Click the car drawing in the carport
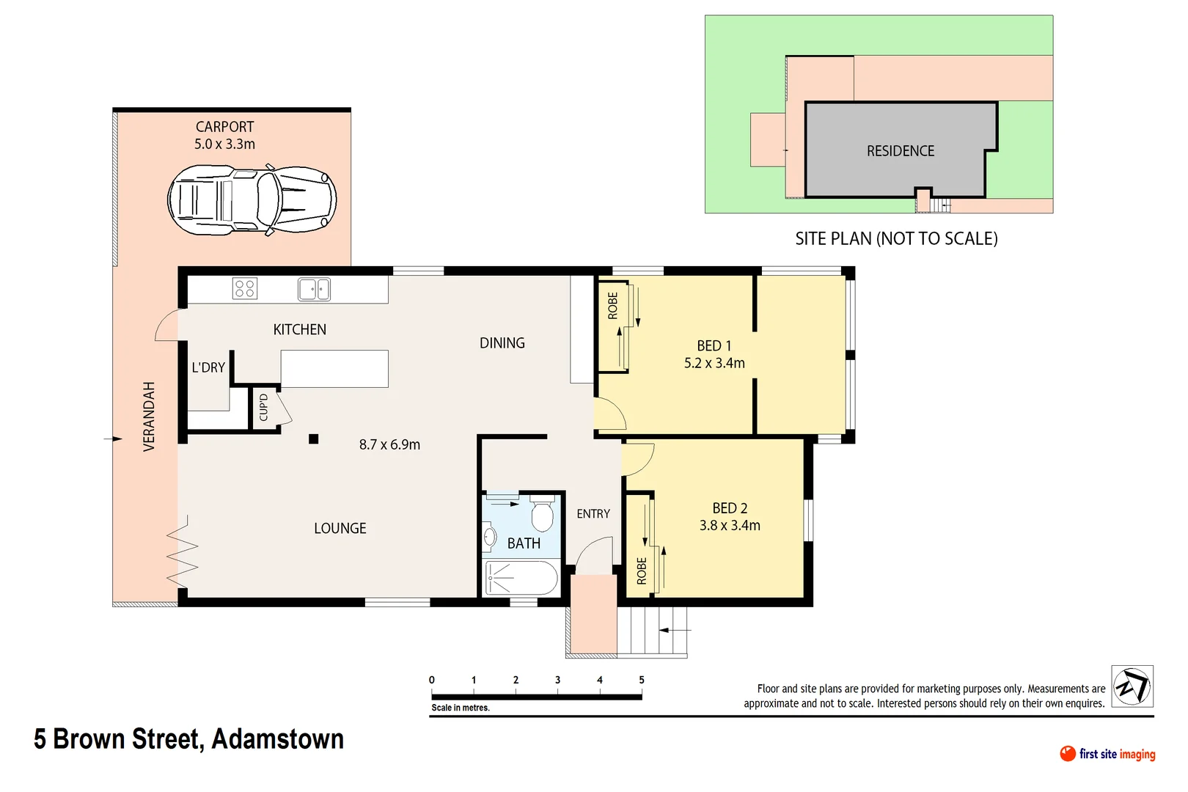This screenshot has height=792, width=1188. click(252, 199)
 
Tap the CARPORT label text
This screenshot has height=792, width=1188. click(224, 127)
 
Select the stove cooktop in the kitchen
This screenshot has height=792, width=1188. click(245, 288)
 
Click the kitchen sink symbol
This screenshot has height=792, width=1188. click(314, 289)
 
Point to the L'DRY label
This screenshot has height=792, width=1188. click(208, 367)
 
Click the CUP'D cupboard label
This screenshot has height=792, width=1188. click(264, 408)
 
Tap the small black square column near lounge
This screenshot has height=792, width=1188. click(313, 439)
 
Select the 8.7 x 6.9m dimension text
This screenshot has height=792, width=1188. click(389, 444)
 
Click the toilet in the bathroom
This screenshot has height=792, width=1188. click(542, 515)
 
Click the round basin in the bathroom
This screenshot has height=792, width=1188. click(489, 538)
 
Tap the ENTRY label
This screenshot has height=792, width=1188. click(593, 514)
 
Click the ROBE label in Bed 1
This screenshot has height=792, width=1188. click(613, 306)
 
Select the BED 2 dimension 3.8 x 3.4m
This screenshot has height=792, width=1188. click(730, 525)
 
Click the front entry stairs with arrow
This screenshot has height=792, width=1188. click(653, 631)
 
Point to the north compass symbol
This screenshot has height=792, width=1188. click(1132, 686)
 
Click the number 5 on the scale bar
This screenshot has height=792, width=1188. click(642, 680)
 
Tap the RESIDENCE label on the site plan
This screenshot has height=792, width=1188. click(901, 151)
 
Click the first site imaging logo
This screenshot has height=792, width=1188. click(1107, 754)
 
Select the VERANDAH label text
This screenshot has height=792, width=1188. click(149, 417)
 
